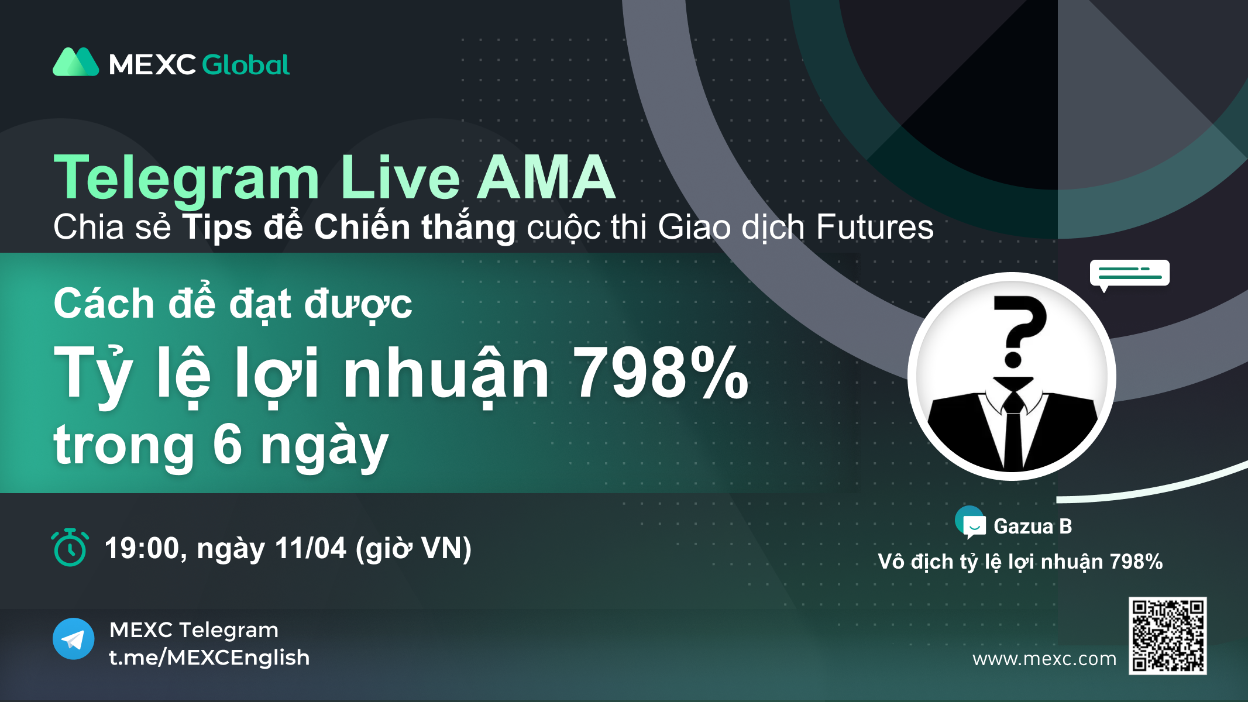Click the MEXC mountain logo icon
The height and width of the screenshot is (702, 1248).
coord(76,62)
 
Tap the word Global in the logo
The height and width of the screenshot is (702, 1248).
coord(246,64)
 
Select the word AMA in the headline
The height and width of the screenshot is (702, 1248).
coord(546,177)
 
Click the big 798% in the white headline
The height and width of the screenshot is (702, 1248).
coord(661,373)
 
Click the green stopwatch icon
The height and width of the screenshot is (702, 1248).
coord(70,548)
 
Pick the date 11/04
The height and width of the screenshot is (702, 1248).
coord(311,549)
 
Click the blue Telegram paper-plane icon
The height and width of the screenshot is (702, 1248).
coord(74,639)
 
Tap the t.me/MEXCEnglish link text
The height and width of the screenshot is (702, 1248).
coord(209,658)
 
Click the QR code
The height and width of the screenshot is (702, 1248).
coord(1168,636)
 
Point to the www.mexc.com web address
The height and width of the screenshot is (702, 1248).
coord(1044,659)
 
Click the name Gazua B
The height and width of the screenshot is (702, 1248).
coord(1033,526)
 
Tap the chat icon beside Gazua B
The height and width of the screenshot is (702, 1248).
coord(971,523)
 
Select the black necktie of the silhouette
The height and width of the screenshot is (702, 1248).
coord(1013,430)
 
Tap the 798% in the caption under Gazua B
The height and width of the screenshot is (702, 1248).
coord(1136,562)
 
